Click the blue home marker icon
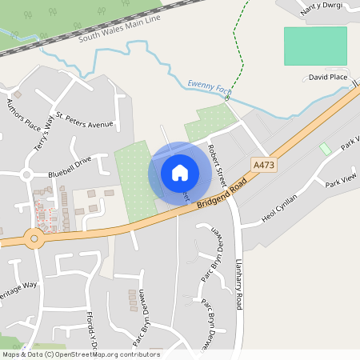point(180,172)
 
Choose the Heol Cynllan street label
point(280,208)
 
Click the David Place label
point(328,77)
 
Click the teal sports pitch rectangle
point(315,46)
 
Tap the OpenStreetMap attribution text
point(80,354)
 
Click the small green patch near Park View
point(325,150)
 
